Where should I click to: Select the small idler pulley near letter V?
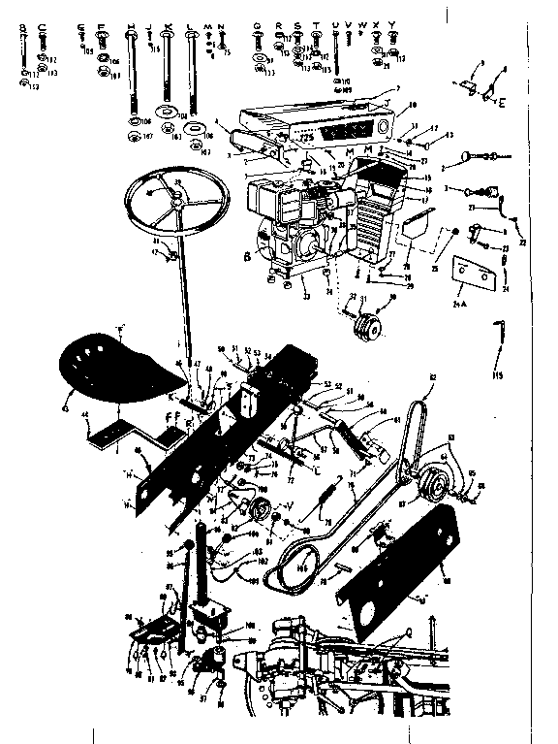point(260,512)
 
